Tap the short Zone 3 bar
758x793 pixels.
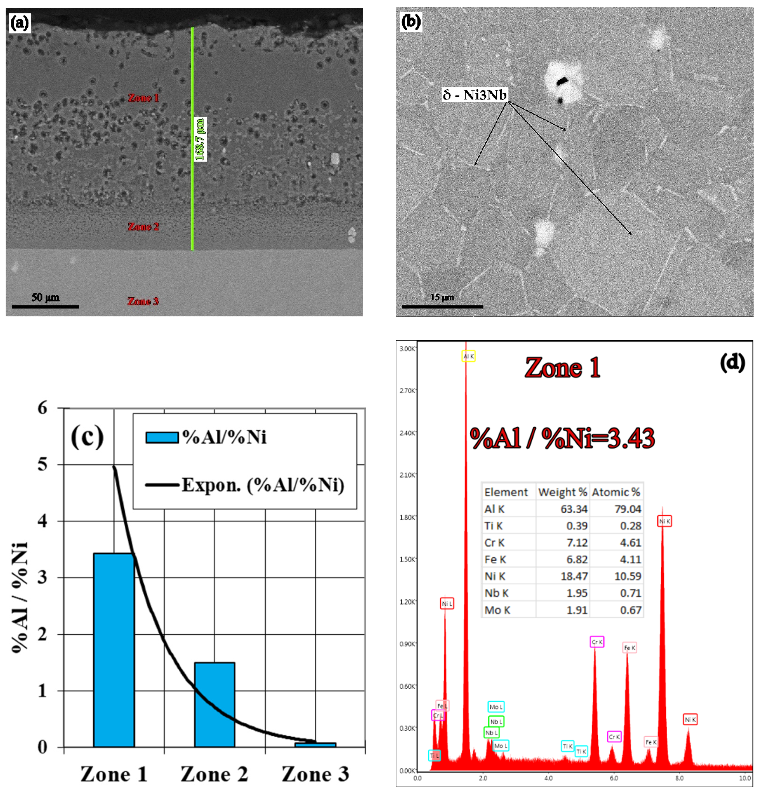click(x=315, y=745)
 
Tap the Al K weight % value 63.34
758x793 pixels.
click(x=574, y=509)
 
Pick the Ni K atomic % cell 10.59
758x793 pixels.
click(x=628, y=576)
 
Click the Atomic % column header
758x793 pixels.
click(x=616, y=492)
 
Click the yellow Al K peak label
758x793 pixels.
click(x=469, y=356)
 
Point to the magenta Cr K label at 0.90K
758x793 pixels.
click(x=597, y=642)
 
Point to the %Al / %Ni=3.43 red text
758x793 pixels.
click(x=562, y=439)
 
